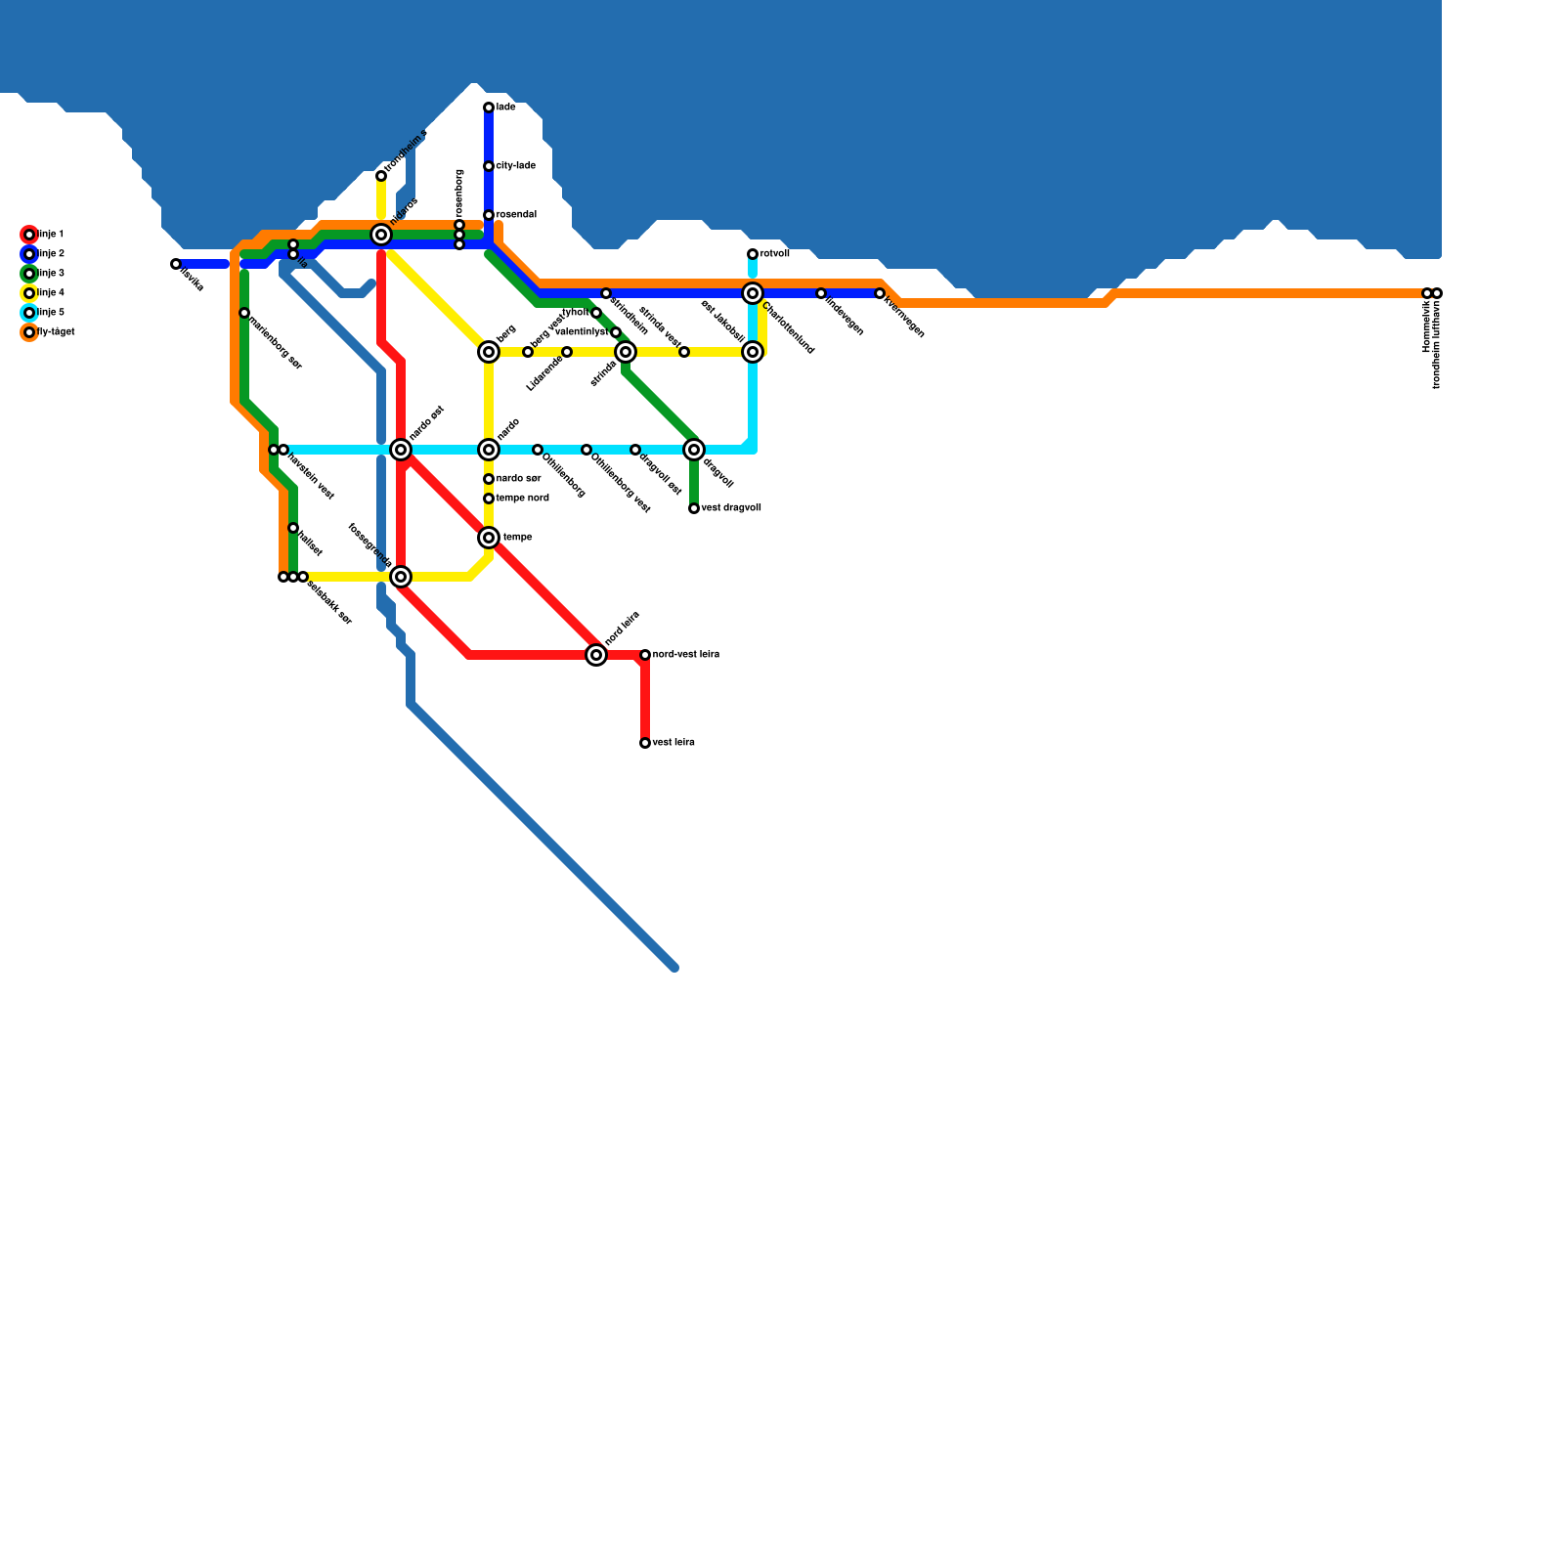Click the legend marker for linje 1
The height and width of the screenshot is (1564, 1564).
pos(29,235)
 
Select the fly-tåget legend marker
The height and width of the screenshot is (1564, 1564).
pos(29,332)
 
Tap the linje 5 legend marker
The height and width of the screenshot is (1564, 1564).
pos(29,313)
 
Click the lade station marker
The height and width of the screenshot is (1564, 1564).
pos(489,108)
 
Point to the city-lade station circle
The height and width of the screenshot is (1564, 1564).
pos(489,166)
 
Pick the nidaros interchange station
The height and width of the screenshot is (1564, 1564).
pos(381,235)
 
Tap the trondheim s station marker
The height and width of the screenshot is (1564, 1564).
pos(381,176)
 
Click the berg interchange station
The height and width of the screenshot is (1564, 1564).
pos(489,352)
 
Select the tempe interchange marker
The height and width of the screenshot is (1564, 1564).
pos(489,538)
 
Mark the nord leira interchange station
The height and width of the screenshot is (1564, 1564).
pos(596,655)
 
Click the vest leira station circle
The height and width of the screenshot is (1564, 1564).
pos(645,743)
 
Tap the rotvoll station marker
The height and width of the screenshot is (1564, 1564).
pos(753,254)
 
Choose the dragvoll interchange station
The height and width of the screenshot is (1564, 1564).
pos(694,450)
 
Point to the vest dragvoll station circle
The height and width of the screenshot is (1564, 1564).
pos(694,508)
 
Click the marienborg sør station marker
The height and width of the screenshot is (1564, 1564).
pos(244,313)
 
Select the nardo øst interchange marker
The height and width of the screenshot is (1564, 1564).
pos(401,450)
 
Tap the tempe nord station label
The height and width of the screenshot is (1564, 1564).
pos(523,499)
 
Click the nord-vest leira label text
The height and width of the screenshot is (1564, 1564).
pos(686,654)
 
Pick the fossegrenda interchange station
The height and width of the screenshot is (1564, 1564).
pos(401,577)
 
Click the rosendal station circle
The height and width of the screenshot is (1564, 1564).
pos(489,215)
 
